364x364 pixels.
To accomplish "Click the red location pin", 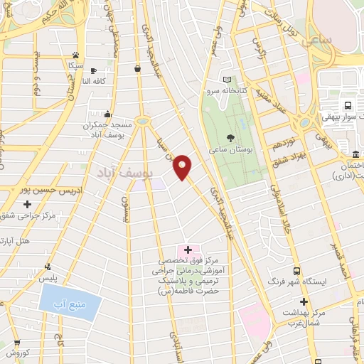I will tap(183, 166).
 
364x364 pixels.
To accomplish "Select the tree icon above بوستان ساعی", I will tap(230, 138).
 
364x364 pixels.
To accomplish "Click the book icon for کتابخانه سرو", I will tap(227, 80).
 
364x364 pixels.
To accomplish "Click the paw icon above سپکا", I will tap(75, 55).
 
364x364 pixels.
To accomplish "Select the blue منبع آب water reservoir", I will tap(70, 305).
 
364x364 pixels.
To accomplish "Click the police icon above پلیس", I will tap(48, 267).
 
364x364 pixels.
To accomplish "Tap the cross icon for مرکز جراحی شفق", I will tap(27, 204).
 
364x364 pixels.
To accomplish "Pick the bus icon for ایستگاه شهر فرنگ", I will tap(296, 271).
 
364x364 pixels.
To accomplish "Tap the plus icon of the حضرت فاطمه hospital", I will tap(188, 250).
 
